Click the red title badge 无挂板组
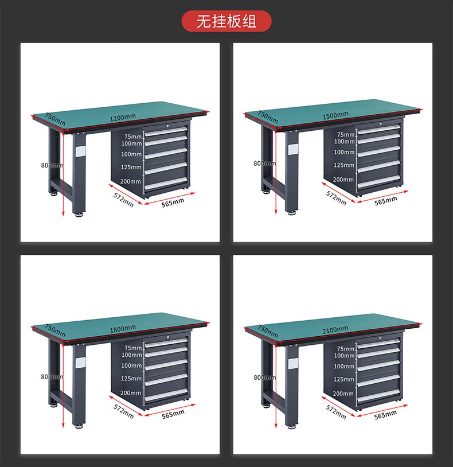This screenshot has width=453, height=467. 226,21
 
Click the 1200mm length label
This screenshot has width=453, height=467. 123,118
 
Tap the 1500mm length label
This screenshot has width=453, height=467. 335,115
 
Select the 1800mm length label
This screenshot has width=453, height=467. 123,329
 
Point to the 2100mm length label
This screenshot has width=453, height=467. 335,330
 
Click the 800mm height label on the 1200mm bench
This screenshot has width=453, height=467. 52,165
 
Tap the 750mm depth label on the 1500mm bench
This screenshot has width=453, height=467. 268,117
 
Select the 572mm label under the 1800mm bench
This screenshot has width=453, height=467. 123,411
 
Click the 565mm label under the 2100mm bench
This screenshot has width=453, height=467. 385,415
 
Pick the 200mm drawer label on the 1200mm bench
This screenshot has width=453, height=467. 131,181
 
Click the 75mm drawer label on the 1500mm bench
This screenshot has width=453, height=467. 346,135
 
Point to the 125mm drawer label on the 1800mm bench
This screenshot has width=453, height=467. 131,379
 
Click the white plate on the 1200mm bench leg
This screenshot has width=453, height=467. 80,151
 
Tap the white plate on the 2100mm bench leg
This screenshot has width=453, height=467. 293,363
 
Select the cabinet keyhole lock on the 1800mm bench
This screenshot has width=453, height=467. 168,337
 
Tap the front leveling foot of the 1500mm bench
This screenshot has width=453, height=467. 292,213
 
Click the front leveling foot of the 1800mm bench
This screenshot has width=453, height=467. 79,426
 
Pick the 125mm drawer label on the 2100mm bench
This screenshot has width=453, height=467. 344,379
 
